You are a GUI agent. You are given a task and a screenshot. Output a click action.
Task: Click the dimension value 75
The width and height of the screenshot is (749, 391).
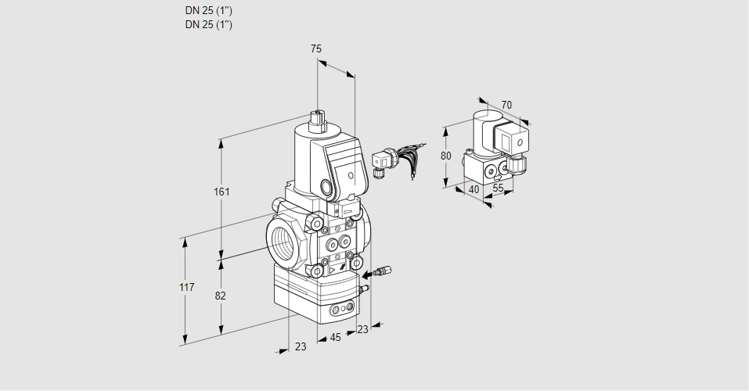315,48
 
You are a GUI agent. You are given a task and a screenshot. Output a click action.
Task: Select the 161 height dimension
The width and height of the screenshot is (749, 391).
222,192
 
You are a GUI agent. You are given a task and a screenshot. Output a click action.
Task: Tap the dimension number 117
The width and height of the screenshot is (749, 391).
185,288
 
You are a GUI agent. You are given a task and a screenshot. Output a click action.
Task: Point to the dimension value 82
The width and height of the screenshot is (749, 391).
221,296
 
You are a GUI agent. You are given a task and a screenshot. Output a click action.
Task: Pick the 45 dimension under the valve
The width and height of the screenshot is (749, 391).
335,338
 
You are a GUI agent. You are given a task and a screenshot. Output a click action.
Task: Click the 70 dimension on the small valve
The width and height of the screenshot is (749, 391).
506,105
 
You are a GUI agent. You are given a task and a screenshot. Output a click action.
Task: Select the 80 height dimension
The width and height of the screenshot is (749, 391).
445,156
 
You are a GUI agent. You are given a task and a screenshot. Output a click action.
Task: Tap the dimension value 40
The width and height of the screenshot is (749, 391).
473,188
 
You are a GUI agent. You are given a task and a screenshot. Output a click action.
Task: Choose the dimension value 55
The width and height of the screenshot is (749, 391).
499,188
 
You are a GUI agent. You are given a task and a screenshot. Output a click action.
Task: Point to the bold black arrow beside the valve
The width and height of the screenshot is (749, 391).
372,274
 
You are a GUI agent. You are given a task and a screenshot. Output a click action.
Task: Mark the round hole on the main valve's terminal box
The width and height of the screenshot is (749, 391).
326,187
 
